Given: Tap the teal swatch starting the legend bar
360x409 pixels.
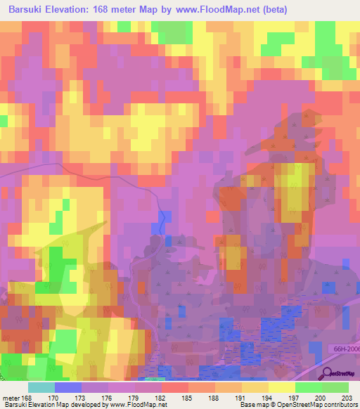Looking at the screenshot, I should pyautogui.click(x=41, y=387).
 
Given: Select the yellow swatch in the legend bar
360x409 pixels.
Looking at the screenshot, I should pyautogui.click(x=281, y=387).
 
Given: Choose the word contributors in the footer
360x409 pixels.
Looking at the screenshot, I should pyautogui.click(x=339, y=405).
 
